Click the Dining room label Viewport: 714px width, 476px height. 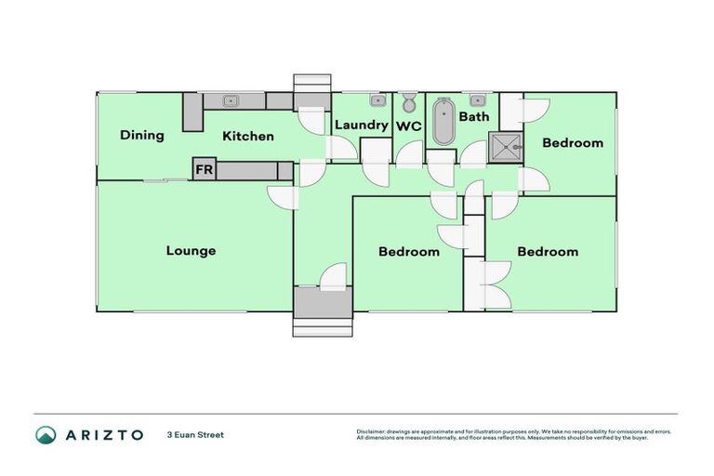pyautogui.click(x=142, y=136)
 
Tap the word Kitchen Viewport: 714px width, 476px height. pyautogui.click(x=248, y=137)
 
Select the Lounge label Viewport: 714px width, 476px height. pyautogui.click(x=191, y=251)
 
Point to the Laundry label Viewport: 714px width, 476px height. pyautogui.click(x=361, y=126)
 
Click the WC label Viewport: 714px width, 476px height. pyautogui.click(x=409, y=126)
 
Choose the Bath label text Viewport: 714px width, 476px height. pyautogui.click(x=473, y=117)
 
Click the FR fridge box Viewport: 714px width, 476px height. pyautogui.click(x=203, y=170)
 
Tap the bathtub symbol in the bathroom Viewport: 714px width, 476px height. pyautogui.click(x=444, y=122)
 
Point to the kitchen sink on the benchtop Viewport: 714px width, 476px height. pyautogui.click(x=231, y=100)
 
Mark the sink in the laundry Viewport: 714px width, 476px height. pyautogui.click(x=377, y=99)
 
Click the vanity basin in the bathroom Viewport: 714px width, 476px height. pyautogui.click(x=478, y=99)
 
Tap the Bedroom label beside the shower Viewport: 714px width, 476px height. pyautogui.click(x=573, y=143)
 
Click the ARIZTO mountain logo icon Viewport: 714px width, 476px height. pyautogui.click(x=46, y=435)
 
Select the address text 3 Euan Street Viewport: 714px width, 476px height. pyautogui.click(x=195, y=435)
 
